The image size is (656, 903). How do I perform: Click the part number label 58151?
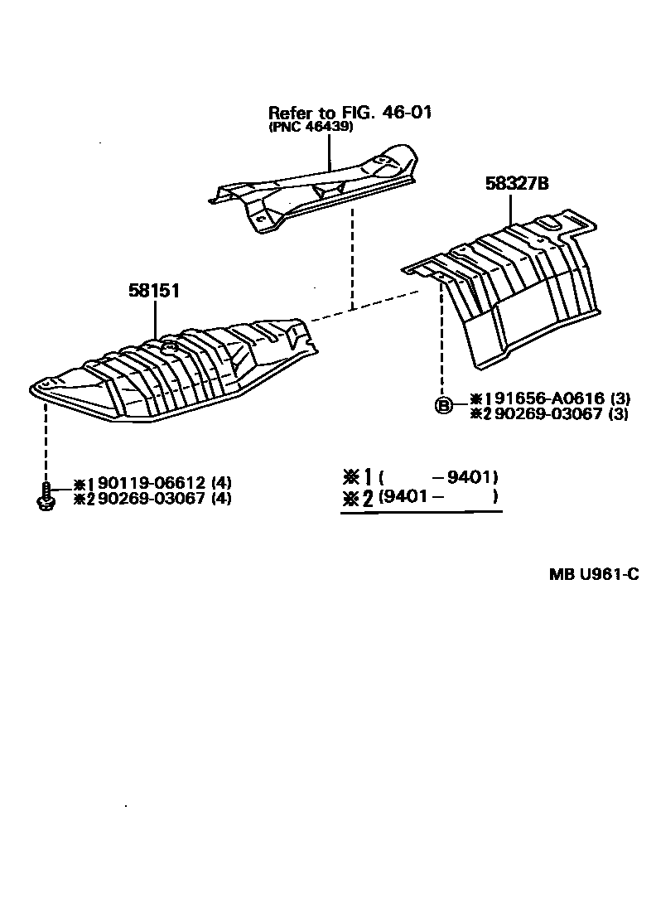click(154, 291)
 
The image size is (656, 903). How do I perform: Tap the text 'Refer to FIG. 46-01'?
click(350, 113)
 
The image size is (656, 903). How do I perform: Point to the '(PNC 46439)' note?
click(311, 128)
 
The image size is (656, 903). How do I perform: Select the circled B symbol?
click(444, 406)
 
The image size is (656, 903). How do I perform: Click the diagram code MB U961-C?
click(594, 575)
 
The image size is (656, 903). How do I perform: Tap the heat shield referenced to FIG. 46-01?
click(315, 191)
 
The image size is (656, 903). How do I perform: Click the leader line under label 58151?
click(155, 319)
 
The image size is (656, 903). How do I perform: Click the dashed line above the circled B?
click(444, 340)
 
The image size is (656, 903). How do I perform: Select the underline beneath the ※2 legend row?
click(421, 513)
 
